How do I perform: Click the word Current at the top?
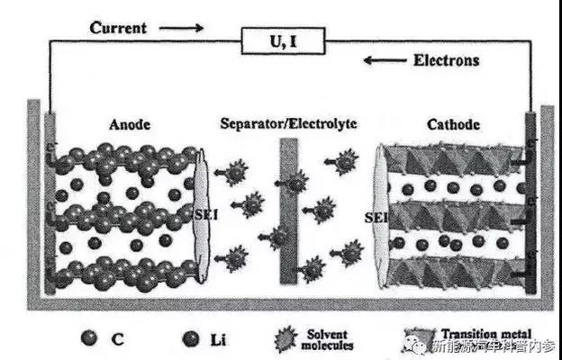[x=119, y=28]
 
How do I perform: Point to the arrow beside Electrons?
[x=382, y=61]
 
